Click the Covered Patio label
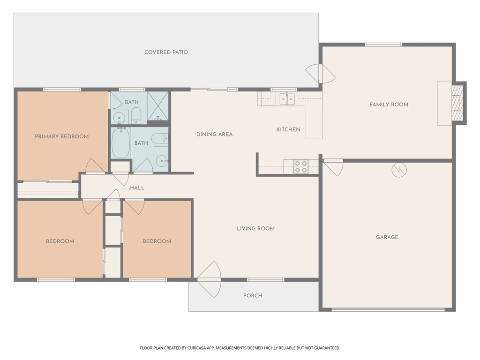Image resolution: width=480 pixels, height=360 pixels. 166,52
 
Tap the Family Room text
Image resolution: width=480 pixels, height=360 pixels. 389,105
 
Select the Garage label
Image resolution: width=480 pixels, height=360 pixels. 387,237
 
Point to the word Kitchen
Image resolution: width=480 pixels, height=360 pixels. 288,129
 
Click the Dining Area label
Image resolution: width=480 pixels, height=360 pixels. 214,135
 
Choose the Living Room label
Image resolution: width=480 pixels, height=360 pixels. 255,229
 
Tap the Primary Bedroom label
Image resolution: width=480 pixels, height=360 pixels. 61,136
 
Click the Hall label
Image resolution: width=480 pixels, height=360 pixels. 137,188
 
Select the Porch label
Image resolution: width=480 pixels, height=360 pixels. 253,295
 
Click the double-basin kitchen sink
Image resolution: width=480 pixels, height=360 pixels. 287,99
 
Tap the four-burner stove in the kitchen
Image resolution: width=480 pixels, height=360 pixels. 301,167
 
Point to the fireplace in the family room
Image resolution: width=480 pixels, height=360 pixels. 456,103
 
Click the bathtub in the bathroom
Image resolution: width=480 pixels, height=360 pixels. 121,143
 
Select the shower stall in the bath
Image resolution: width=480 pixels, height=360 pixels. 158,106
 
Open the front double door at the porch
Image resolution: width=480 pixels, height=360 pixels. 209,280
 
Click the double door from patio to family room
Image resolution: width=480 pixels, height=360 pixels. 321,73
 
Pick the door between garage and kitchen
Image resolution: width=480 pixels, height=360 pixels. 333,167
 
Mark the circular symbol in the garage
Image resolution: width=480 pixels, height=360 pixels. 399,169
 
